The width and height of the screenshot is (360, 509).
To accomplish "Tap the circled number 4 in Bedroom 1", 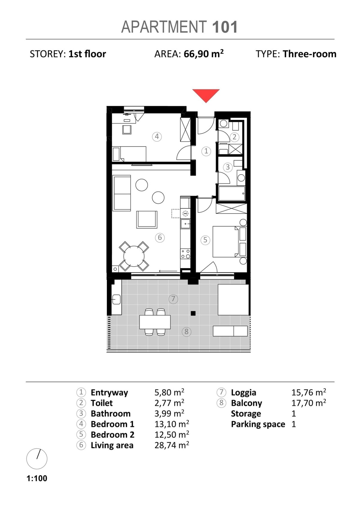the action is (157, 137).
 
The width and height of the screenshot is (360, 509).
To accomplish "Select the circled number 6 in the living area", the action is (160, 238).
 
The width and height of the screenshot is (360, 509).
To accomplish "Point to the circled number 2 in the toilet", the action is (234, 137).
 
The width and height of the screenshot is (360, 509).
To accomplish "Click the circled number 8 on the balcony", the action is (186, 331).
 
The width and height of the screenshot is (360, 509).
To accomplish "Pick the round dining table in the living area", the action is (134, 256).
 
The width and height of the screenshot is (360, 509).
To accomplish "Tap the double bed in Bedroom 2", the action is (226, 241).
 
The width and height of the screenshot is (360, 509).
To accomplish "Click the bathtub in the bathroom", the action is (232, 193).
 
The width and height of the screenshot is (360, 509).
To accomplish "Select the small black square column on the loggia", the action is (193, 313).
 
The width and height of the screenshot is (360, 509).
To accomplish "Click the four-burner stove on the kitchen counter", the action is (185, 253).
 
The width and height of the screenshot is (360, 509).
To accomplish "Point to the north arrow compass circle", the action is (37, 459).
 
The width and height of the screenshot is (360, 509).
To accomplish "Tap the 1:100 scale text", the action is (37, 478).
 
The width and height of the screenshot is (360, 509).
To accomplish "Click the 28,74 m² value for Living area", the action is (172, 445).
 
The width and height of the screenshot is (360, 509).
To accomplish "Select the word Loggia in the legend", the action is (243, 392).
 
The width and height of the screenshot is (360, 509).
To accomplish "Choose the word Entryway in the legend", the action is (109, 392).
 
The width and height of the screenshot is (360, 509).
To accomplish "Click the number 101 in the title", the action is (225, 27).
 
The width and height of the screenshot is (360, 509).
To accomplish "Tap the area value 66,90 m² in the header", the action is (204, 54).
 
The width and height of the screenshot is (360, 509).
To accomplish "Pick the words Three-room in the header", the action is (309, 54).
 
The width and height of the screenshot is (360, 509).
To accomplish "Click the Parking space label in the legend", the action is (258, 424).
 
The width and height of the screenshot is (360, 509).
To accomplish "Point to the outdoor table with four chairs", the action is (155, 322).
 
